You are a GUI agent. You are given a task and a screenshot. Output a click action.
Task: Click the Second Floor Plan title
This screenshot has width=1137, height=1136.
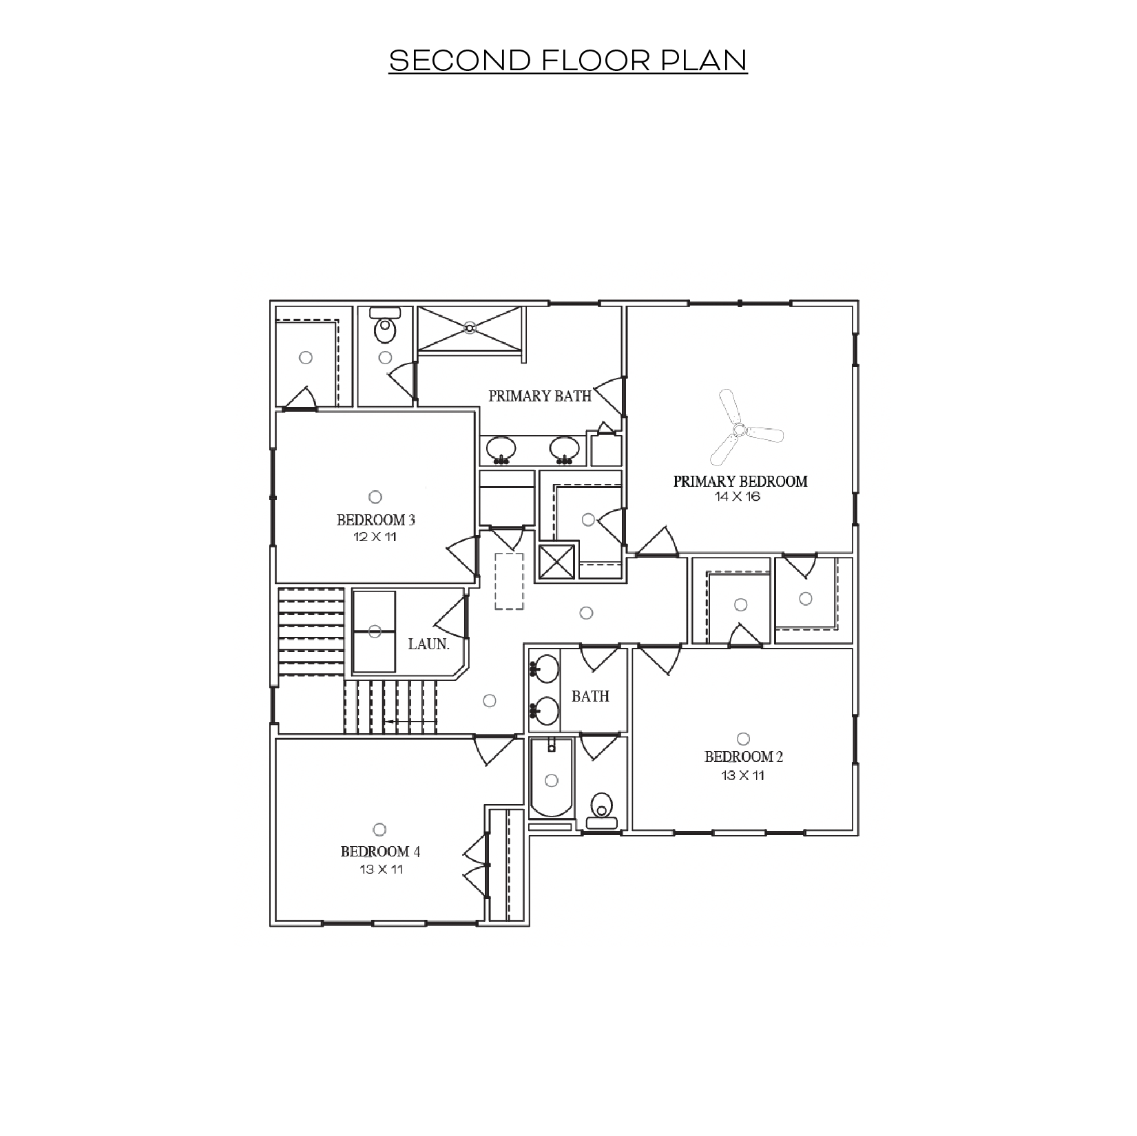567,61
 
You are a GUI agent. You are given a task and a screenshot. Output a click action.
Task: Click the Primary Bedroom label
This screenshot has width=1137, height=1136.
740,481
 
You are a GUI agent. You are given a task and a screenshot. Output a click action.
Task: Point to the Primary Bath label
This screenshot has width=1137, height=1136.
540,396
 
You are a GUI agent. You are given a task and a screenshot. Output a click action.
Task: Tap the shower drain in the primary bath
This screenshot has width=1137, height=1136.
470,328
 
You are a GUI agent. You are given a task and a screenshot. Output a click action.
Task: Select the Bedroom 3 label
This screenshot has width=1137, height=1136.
376,520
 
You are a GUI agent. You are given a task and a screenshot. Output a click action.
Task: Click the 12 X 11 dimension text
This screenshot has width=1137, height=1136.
375,537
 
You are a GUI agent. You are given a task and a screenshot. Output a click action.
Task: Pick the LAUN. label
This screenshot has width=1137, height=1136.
428,645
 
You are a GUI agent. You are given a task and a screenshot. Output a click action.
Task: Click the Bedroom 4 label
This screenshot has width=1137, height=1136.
380,852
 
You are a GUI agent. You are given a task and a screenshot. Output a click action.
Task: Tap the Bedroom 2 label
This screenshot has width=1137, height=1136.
743,757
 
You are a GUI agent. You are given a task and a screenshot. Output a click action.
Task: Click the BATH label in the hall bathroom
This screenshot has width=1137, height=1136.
590,697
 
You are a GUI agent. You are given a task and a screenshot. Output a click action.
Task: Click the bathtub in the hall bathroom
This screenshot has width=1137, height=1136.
551,779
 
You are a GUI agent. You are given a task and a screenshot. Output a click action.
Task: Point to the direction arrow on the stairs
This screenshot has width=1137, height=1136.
410,722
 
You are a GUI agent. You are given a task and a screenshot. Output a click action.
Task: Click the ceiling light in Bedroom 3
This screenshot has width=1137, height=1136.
375,496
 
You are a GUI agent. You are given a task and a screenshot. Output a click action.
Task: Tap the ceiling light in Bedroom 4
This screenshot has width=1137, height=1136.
379,830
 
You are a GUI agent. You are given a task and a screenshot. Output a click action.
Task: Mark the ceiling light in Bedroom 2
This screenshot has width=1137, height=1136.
743,739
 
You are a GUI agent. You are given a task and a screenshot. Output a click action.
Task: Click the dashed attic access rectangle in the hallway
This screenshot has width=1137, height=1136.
509,580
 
